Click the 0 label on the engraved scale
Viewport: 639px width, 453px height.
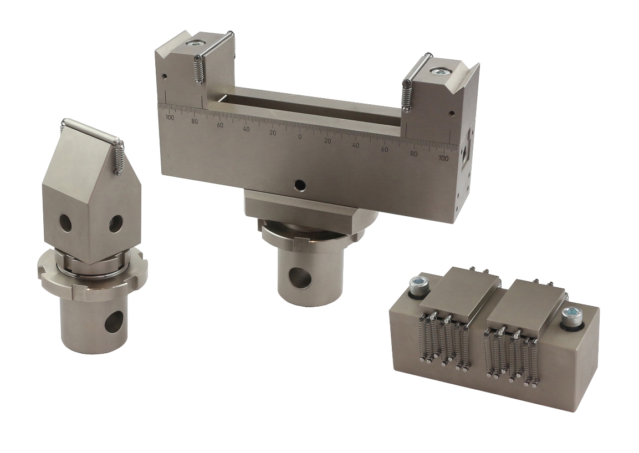point(300,137)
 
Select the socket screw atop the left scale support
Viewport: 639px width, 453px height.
point(195,42)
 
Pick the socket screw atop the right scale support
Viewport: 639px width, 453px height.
point(440,71)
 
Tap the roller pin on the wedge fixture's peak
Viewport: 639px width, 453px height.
point(92,130)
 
